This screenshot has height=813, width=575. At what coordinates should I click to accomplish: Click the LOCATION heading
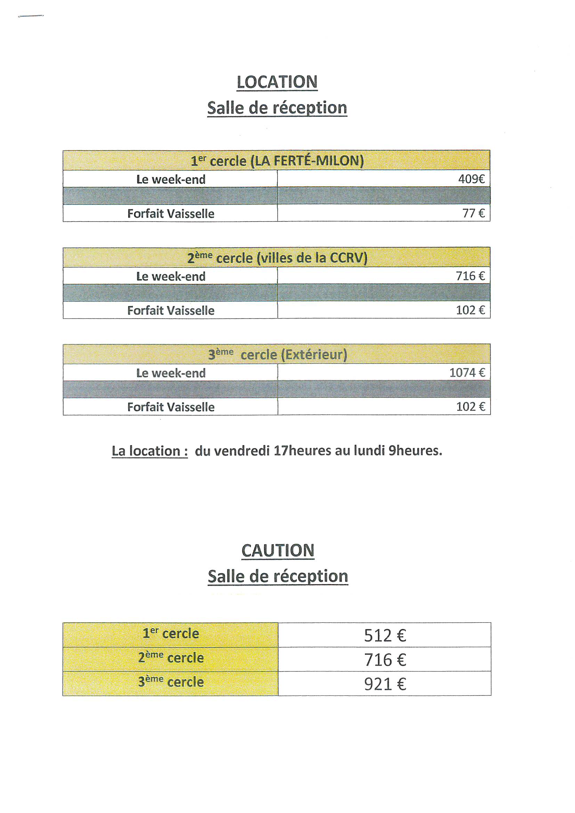click(x=277, y=82)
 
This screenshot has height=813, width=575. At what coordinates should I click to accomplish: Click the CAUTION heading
click(x=277, y=550)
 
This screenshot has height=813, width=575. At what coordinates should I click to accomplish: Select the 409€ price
click(x=471, y=179)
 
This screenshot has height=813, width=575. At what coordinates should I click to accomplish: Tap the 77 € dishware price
click(x=473, y=213)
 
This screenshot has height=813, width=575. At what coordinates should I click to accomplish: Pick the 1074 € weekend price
click(x=467, y=372)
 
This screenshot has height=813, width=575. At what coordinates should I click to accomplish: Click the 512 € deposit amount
click(x=385, y=636)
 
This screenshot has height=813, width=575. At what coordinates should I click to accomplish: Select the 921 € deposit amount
click(x=385, y=684)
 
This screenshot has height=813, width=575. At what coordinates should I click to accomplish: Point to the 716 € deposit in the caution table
click(x=385, y=660)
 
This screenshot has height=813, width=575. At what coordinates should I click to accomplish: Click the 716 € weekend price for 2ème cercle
click(x=470, y=276)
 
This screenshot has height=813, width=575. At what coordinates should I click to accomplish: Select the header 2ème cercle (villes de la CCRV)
click(x=277, y=258)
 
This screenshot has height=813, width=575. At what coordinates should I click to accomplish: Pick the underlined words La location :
click(x=149, y=451)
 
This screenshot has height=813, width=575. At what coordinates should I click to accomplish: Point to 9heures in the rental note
click(x=415, y=451)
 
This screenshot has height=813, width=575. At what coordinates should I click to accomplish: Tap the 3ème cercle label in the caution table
click(x=171, y=682)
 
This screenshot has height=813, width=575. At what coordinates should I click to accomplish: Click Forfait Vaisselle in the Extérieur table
click(x=171, y=407)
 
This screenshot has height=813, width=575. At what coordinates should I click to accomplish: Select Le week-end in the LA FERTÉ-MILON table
click(x=171, y=179)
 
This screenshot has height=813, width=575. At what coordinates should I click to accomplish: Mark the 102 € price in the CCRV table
click(x=470, y=310)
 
